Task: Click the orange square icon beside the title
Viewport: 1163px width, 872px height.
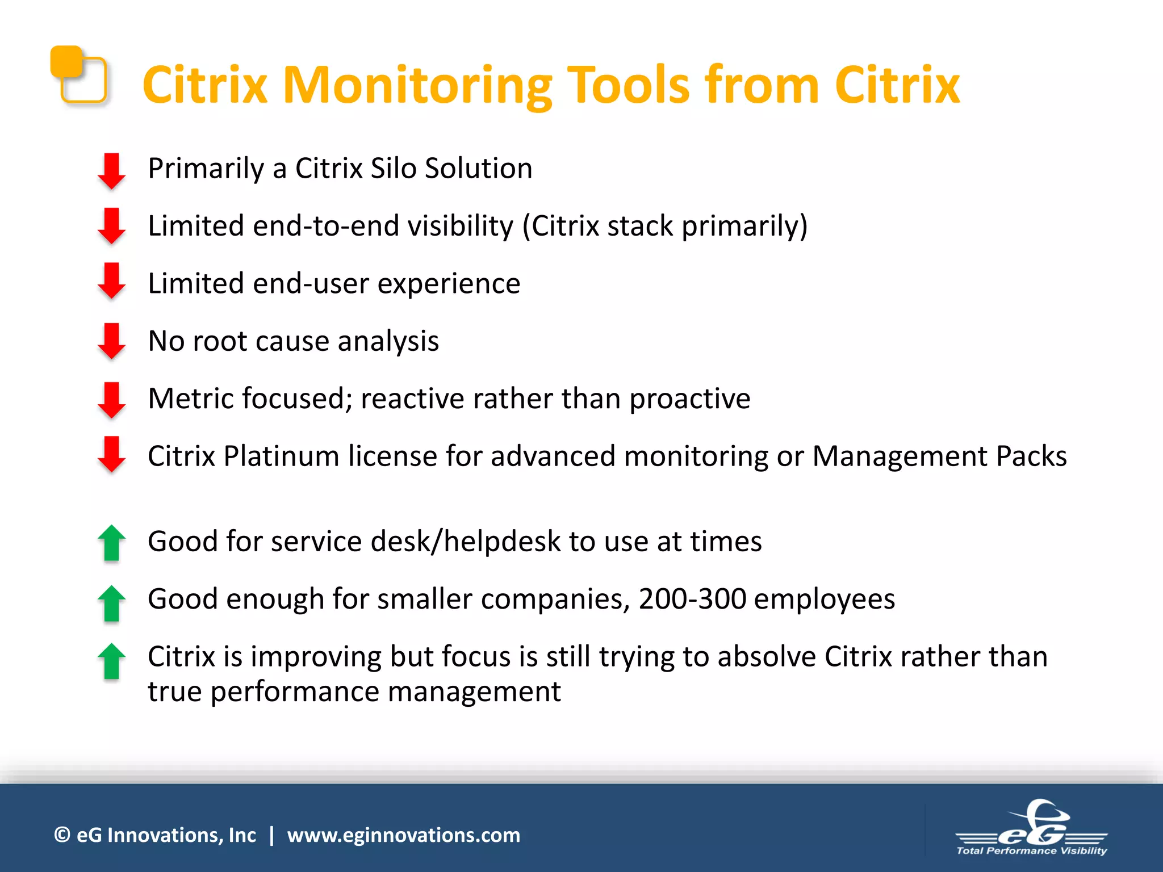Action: tap(78, 74)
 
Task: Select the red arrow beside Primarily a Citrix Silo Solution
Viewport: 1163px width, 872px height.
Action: tap(111, 170)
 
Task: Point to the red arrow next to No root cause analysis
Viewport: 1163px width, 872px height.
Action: tap(111, 341)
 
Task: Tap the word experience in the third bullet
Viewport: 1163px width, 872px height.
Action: tap(449, 284)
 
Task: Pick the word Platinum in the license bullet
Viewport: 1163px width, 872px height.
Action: tap(281, 456)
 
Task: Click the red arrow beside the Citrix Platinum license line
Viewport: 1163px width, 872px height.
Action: tap(111, 454)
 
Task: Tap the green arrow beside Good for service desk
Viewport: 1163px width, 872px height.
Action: tap(111, 543)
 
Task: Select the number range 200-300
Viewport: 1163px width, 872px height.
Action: tap(692, 599)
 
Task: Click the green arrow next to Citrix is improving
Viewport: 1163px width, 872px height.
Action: tap(111, 661)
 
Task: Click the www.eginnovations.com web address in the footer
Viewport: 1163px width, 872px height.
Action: tap(403, 835)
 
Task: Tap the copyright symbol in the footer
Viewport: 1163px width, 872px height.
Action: tap(62, 835)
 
